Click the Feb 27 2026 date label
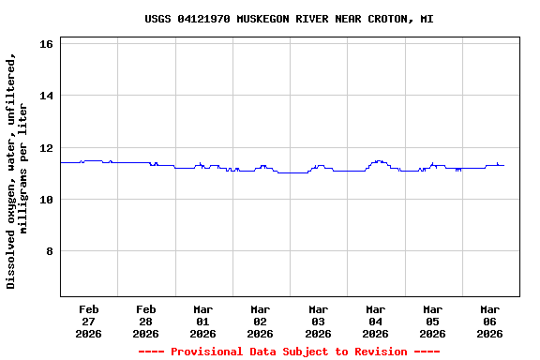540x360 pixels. [88, 321]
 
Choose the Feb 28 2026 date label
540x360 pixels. [145, 321]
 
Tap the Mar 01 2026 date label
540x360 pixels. [202, 321]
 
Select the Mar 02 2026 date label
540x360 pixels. [260, 321]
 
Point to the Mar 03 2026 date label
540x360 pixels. [318, 321]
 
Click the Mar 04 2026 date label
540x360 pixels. [375, 321]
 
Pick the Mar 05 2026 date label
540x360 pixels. [432, 321]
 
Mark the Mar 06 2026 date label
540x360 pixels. [489, 321]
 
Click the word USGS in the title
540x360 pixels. [157, 19]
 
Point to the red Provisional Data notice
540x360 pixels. [289, 352]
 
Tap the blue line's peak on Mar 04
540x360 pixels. [378, 160]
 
